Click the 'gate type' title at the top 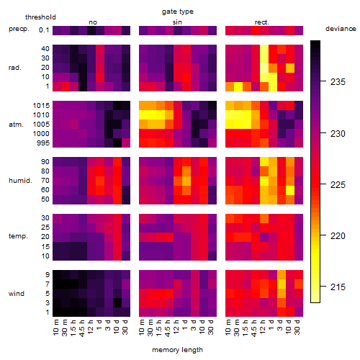[178, 12]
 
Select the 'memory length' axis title [177, 350]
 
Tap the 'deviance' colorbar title [341, 29]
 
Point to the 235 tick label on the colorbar [338, 82]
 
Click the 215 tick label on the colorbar [338, 287]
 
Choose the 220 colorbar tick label [338, 235]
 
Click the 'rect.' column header [262, 22]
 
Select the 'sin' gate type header [177, 22]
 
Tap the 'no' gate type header [93, 22]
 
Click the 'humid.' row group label [20, 181]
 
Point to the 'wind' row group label [17, 294]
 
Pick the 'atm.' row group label [16, 125]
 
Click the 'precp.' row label [19, 30]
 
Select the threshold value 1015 [41, 106]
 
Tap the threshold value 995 [43, 143]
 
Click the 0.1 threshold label [44, 30]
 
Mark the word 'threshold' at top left [40, 17]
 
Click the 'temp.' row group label [18, 236]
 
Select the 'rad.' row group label [15, 68]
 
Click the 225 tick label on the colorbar [338, 184]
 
